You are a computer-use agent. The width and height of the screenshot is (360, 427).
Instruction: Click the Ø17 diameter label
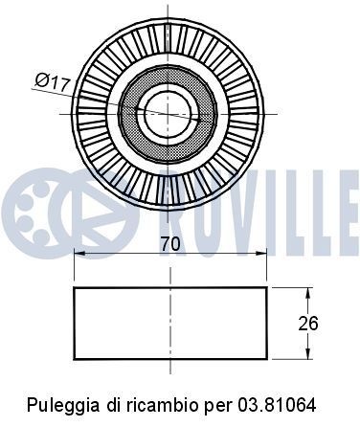(53, 82)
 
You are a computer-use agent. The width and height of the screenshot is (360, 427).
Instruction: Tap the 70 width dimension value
(170, 244)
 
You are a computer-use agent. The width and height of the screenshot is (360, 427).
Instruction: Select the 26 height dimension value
(308, 324)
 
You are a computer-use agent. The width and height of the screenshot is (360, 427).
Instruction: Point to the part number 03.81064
(276, 405)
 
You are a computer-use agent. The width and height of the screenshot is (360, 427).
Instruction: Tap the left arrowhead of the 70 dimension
(80, 253)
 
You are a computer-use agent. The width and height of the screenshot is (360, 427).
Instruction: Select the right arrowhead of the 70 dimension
(260, 253)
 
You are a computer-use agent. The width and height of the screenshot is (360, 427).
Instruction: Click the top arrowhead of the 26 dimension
(308, 293)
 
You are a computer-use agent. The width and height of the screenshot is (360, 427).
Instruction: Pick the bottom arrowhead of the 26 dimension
(308, 353)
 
